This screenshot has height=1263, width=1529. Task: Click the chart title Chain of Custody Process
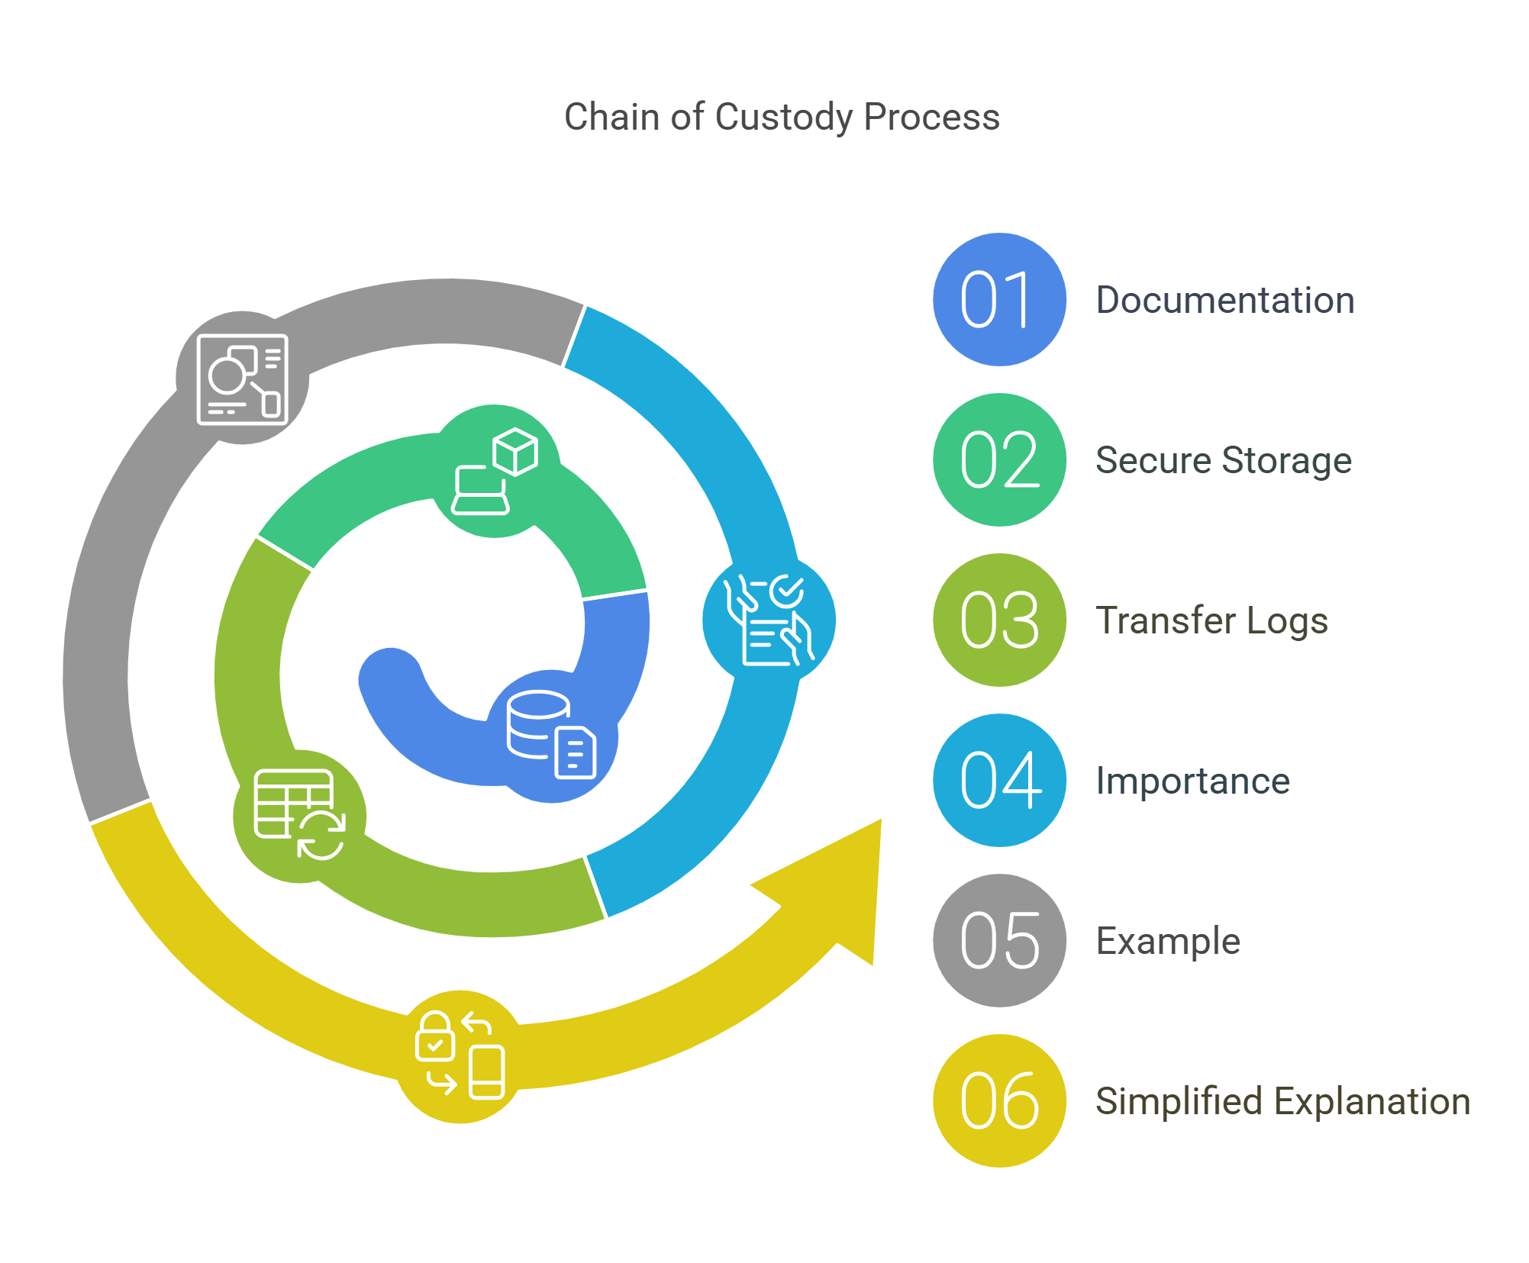(x=781, y=118)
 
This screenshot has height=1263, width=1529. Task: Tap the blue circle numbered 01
(x=999, y=300)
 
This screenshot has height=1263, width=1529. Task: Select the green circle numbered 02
(x=999, y=460)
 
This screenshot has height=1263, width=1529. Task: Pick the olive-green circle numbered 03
(x=999, y=620)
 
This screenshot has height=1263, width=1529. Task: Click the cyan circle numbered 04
(x=999, y=781)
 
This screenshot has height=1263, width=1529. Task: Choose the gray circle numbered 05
(x=999, y=941)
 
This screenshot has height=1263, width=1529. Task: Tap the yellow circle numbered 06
(x=999, y=1101)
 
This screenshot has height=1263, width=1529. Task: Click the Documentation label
(x=1224, y=300)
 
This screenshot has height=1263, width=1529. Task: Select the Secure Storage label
(x=1223, y=460)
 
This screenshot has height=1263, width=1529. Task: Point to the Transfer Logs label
(x=1211, y=620)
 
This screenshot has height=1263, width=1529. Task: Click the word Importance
(x=1192, y=781)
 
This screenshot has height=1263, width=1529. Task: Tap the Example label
(x=1168, y=941)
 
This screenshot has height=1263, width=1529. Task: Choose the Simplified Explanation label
(x=1282, y=1101)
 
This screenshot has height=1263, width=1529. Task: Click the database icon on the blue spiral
(x=551, y=735)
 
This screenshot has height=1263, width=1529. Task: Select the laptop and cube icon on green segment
(x=495, y=471)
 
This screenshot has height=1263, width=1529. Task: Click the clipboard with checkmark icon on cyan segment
(x=769, y=620)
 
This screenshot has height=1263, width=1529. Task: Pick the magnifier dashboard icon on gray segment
(x=242, y=379)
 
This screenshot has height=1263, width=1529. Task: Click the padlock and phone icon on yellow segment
(x=460, y=1056)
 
